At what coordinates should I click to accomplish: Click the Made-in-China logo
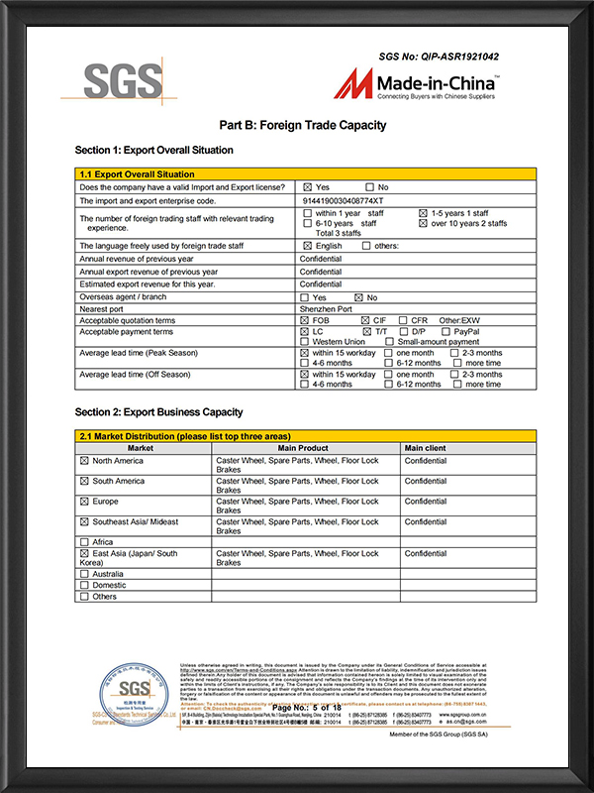pyautogui.click(x=417, y=87)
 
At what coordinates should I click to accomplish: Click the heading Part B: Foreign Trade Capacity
pyautogui.click(x=302, y=126)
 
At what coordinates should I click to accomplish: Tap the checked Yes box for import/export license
pyautogui.click(x=308, y=187)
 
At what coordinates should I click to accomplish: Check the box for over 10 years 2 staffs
pyautogui.click(x=423, y=224)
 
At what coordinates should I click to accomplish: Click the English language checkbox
pyautogui.click(x=308, y=246)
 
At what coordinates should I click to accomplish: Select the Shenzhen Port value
pyautogui.click(x=326, y=309)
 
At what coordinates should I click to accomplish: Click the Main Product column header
pyautogui.click(x=306, y=448)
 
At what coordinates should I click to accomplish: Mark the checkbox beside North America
pyautogui.click(x=84, y=461)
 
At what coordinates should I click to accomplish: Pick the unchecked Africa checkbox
pyautogui.click(x=84, y=542)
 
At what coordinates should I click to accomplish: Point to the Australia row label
pyautogui.click(x=109, y=574)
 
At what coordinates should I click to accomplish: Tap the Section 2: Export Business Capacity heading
pyautogui.click(x=158, y=411)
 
